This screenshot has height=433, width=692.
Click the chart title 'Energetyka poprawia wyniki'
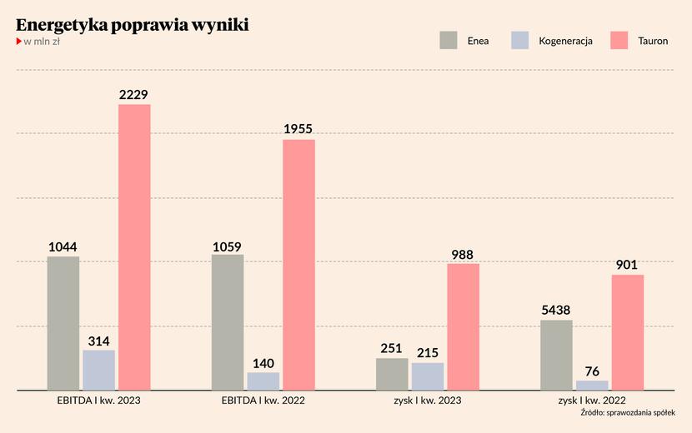tap(132, 25)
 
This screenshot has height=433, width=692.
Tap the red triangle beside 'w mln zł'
tap(19, 42)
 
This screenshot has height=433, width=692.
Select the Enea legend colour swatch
tap(449, 40)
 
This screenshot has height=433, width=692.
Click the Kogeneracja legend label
tap(565, 40)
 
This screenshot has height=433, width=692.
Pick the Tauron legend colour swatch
tap(619, 40)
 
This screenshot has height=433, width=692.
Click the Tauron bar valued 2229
tap(134, 247)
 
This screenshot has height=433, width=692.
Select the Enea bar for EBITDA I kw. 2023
tap(63, 323)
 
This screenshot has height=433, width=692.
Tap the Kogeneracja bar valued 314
tap(98, 370)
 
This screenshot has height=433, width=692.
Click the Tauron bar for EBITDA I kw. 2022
tap(298, 265)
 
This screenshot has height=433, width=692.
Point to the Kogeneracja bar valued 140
tap(263, 381)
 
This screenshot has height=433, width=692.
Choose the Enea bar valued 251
tap(392, 374)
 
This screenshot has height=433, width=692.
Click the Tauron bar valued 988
tap(463, 326)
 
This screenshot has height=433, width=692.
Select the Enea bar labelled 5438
tap(556, 355)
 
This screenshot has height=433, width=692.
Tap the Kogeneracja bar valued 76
tap(592, 386)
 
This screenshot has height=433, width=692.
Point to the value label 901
tap(627, 266)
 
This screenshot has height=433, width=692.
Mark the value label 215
tap(427, 353)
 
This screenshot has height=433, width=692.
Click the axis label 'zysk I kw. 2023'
tap(427, 401)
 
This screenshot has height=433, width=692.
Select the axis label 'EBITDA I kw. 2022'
tap(263, 401)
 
